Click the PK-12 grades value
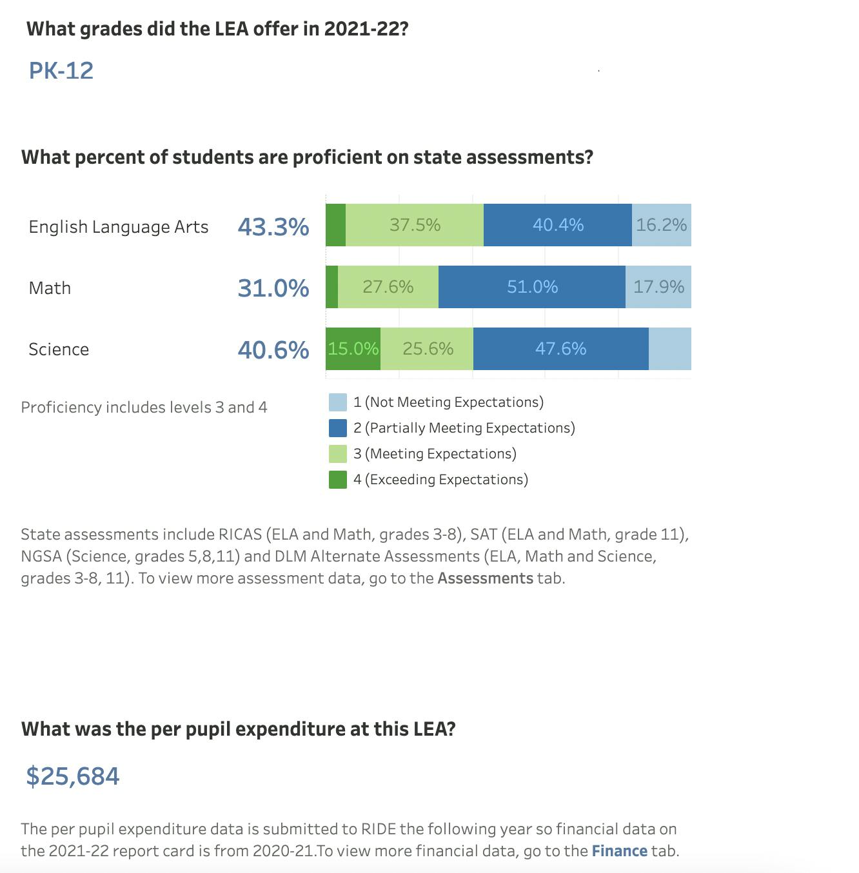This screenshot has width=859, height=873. click(61, 70)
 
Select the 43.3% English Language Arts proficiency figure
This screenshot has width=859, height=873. click(273, 226)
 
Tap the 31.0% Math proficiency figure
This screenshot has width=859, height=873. click(273, 288)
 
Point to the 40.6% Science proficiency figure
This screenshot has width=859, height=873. click(273, 349)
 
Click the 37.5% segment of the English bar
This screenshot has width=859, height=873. click(415, 225)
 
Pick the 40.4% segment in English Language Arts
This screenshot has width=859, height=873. click(558, 225)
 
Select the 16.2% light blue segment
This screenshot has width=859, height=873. click(662, 225)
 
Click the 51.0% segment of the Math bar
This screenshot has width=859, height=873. click(532, 287)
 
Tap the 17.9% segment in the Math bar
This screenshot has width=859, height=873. click(658, 287)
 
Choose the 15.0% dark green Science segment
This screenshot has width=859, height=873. click(353, 349)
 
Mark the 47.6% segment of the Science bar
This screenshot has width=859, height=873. click(561, 349)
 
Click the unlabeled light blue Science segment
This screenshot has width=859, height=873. click(670, 349)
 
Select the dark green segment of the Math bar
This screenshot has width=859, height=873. click(331, 287)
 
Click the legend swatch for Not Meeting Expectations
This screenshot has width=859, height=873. click(338, 402)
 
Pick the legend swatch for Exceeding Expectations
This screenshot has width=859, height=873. click(338, 480)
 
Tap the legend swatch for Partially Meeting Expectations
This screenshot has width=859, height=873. click(338, 428)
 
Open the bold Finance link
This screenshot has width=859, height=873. click(619, 851)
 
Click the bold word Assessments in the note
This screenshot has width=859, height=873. click(485, 578)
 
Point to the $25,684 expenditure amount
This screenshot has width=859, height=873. click(73, 776)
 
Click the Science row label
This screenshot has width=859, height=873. click(59, 349)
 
